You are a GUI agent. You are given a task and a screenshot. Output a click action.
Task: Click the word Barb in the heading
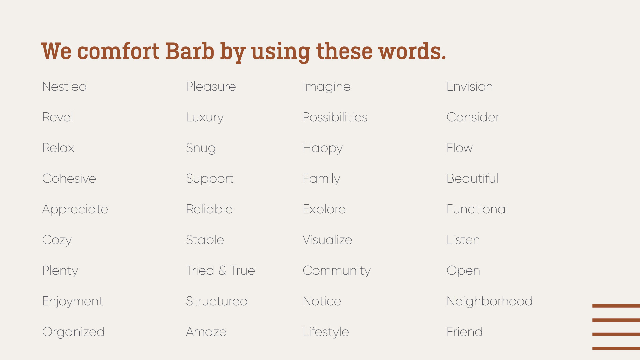pyautogui.click(x=190, y=51)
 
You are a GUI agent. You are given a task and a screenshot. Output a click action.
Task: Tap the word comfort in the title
pyautogui.click(x=118, y=52)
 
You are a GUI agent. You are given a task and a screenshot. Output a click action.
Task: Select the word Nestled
pyautogui.click(x=65, y=86)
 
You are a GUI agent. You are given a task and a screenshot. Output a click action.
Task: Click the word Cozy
pyautogui.click(x=57, y=240)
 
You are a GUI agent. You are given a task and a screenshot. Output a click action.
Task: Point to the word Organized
pyautogui.click(x=73, y=332)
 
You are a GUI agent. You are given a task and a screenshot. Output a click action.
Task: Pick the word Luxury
pyautogui.click(x=205, y=118)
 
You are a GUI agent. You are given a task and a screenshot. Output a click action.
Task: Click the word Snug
pyautogui.click(x=201, y=148)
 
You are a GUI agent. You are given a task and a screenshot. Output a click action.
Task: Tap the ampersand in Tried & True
pyautogui.click(x=222, y=270)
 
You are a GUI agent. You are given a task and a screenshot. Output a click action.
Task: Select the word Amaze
pyautogui.click(x=206, y=332)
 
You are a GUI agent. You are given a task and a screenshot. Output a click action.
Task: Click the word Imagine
pyautogui.click(x=327, y=87)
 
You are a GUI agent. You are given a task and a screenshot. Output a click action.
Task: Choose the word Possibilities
pyautogui.click(x=335, y=117)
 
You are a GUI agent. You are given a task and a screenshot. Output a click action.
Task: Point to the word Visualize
pyautogui.click(x=327, y=240)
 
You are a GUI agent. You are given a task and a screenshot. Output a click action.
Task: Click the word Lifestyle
pyautogui.click(x=326, y=332)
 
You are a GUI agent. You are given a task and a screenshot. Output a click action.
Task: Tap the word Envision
pyautogui.click(x=470, y=86)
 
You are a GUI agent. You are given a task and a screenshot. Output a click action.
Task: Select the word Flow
pyautogui.click(x=460, y=148)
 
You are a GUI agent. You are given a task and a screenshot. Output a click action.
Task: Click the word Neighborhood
pyautogui.click(x=490, y=302)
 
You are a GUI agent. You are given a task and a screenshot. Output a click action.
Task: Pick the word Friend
pyautogui.click(x=465, y=332)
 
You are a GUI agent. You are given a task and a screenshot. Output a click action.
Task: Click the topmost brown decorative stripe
pyautogui.click(x=616, y=306)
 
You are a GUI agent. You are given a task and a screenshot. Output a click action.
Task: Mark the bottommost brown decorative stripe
pyautogui.click(x=616, y=348)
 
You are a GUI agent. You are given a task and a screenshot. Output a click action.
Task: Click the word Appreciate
pyautogui.click(x=75, y=210)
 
